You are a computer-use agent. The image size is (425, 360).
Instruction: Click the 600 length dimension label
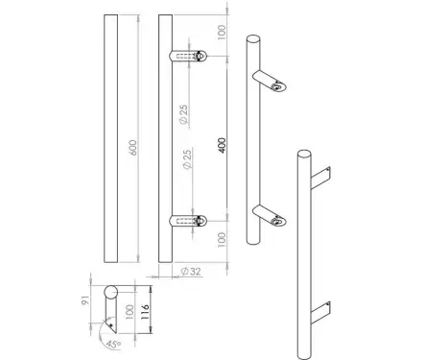[x=133, y=148]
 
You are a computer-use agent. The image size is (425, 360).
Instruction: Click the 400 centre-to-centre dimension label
[x=223, y=145]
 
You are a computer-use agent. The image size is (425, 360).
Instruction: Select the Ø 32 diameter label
[x=191, y=272]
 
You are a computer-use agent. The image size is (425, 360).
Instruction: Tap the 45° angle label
[x=113, y=345]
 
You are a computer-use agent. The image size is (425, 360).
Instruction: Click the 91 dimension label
[x=85, y=301]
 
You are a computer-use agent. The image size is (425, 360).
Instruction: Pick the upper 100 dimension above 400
[x=222, y=33]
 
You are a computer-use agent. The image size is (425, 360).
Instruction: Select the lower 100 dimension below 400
[x=222, y=239]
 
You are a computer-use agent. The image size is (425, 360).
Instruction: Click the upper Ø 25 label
[x=183, y=114]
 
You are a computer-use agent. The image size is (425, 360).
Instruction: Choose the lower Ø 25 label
[x=187, y=159]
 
